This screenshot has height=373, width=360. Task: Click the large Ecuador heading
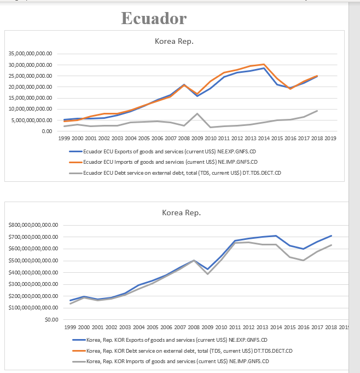click(x=154, y=18)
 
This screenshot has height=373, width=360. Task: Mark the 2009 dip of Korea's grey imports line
click(x=207, y=273)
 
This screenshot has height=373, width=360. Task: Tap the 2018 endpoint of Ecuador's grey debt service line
click(x=317, y=111)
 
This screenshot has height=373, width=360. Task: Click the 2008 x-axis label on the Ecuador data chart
click(x=184, y=138)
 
